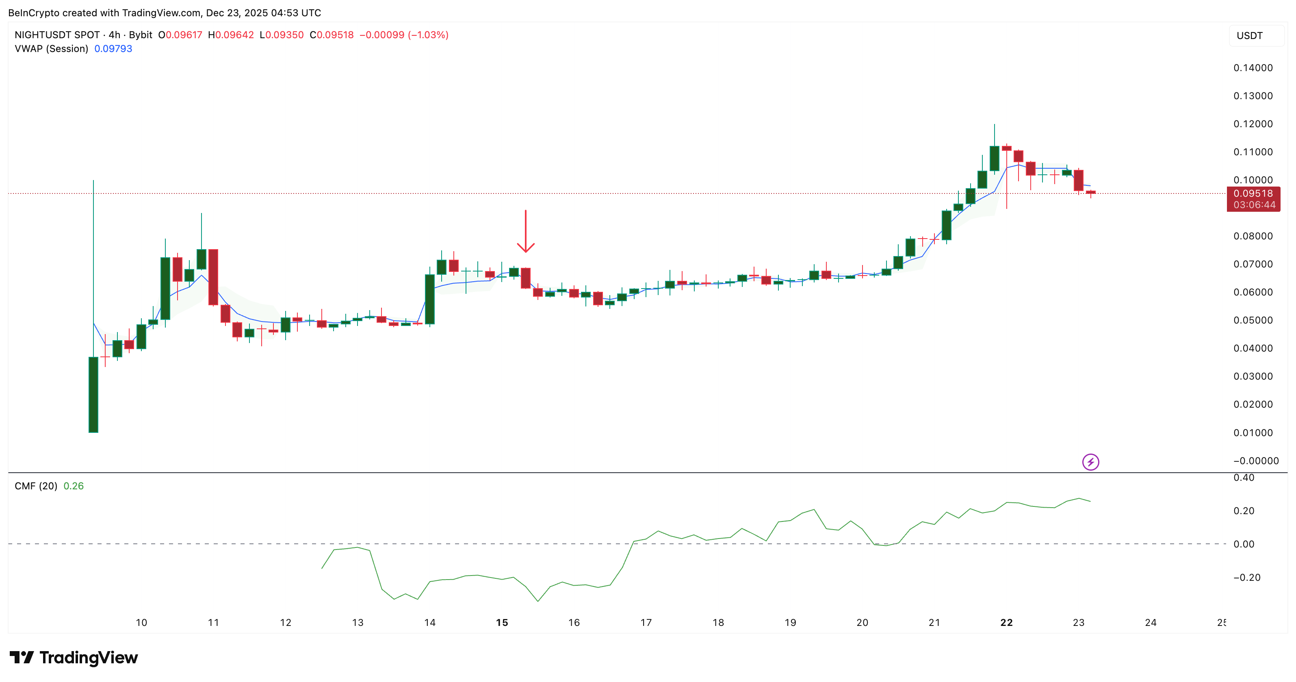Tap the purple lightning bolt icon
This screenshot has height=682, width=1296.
pos(1090,462)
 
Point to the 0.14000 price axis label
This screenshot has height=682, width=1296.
pos(1253,68)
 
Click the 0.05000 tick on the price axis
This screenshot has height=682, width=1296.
pos(1253,320)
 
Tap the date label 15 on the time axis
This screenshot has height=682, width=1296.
pos(502,623)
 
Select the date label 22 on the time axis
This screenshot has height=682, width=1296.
pos(1006,623)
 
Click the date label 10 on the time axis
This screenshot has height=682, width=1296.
pos(141,623)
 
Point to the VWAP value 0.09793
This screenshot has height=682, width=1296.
pos(113,49)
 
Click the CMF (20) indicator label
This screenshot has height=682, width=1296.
pos(36,486)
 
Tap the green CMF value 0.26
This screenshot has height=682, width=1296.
pos(74,486)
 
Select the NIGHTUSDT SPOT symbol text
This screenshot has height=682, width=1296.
pos(57,35)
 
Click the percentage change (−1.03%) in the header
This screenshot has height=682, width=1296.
pos(428,35)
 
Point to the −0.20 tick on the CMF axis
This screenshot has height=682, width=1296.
pos(1247,577)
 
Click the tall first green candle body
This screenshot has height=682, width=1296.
pos(93,395)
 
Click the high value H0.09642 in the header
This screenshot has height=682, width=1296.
pos(231,35)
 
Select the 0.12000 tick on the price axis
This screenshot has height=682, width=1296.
pos(1253,124)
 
